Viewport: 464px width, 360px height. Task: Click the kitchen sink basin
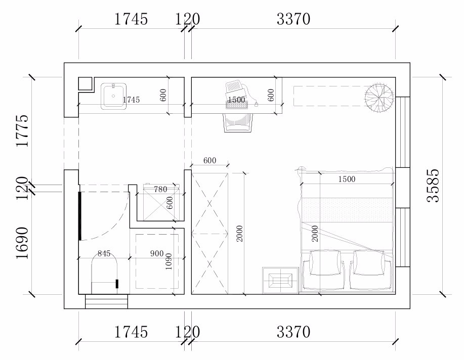point(114,96)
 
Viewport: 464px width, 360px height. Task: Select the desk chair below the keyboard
point(238,122)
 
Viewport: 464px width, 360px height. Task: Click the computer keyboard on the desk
point(236,105)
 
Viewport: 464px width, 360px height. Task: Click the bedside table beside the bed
point(280,280)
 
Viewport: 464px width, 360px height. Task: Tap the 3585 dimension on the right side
point(433,186)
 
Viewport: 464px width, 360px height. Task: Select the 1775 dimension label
point(22,130)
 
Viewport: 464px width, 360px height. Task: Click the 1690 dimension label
point(22,243)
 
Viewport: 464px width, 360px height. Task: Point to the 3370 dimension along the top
point(293,19)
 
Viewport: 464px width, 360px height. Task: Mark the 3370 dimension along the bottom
point(293,332)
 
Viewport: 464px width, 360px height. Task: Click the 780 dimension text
point(161,189)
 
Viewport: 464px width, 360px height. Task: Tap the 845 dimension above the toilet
point(104,253)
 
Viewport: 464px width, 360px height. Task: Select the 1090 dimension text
point(168,261)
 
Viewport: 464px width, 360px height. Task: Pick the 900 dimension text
point(157,253)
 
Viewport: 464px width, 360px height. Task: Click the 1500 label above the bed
point(347,179)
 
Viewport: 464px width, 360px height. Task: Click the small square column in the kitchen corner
point(86,84)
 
